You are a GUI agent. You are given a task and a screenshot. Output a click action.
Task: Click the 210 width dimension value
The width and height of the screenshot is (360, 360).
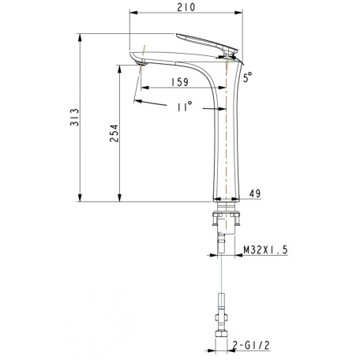click(186, 7)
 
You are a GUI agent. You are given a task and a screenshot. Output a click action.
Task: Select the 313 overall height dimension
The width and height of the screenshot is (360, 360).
click(74, 117)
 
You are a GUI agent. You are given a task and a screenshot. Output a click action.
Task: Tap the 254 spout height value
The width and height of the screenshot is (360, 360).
click(114, 133)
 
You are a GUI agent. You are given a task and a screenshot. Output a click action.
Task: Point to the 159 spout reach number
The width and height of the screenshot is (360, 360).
click(180, 82)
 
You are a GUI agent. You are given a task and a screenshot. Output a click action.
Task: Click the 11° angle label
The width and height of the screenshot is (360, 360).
click(185, 107)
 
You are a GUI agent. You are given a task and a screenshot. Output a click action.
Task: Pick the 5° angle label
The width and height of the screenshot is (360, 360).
click(247, 77)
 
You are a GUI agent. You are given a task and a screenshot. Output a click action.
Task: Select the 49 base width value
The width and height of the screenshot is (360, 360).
click(255, 193)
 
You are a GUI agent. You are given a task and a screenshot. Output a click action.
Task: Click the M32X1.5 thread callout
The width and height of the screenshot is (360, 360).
click(265, 249)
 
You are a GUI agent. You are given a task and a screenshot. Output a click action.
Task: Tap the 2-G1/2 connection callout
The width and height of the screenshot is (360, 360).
click(252, 345)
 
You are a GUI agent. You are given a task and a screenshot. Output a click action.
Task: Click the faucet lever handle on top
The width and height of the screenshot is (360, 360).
click(207, 43)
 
